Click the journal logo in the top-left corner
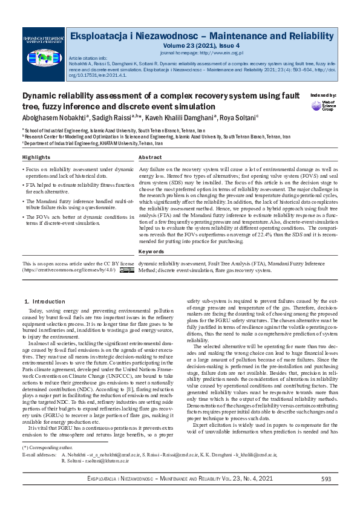(42, 48)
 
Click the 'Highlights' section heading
(36, 157)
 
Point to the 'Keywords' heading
(151, 251)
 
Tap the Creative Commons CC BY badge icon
(126, 271)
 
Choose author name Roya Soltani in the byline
(238, 117)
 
